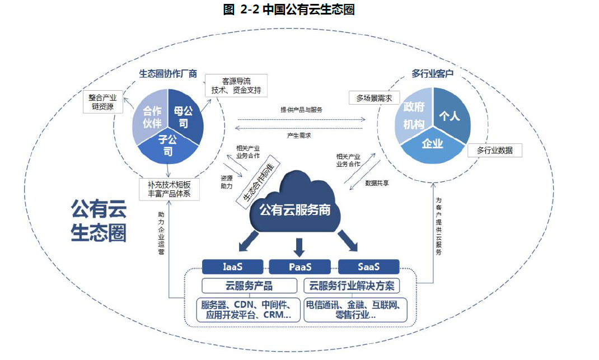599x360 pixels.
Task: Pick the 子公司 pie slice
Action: (167, 144)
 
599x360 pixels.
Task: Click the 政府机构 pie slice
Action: (413, 115)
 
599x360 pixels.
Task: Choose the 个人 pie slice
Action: (450, 116)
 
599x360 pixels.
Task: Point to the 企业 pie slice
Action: (432, 144)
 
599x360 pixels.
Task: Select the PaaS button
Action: (300, 267)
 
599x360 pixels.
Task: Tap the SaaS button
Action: (368, 267)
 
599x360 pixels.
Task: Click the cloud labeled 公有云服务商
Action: (294, 207)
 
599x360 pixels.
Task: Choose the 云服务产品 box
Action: (249, 286)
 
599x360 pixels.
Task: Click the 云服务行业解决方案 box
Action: (352, 286)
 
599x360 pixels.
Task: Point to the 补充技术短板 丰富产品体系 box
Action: (169, 189)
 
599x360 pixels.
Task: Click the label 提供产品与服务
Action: (301, 110)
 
